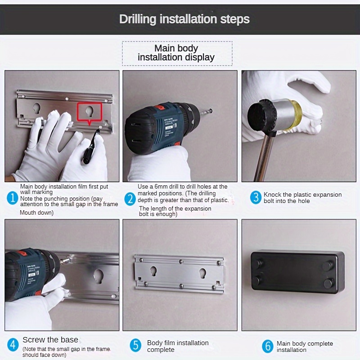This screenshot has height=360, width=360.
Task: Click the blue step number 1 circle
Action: tap(13, 198)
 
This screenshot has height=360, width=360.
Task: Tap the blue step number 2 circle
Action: tap(130, 199)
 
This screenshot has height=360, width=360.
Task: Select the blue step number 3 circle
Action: tap(256, 198)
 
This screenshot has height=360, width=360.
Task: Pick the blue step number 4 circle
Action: tap(13, 345)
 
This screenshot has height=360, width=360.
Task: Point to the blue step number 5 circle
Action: tap(136, 345)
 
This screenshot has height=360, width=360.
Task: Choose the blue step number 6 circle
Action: tap(267, 346)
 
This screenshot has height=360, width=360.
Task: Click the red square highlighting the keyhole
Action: tap(89, 112)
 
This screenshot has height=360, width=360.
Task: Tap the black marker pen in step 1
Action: tap(91, 146)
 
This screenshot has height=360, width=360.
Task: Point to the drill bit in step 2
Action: tap(206, 112)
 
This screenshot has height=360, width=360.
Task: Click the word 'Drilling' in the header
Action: tap(138, 19)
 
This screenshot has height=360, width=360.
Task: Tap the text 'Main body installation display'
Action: tap(176, 53)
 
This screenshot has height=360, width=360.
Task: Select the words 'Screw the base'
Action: tap(50, 340)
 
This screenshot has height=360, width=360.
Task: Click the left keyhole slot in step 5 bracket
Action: tap(153, 271)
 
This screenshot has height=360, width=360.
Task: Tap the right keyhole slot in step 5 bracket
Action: tap(203, 273)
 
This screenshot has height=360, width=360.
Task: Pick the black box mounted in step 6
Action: tap(298, 272)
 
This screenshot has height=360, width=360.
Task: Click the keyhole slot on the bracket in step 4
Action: tap(99, 276)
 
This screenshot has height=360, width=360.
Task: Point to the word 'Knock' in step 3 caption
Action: tap(273, 194)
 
